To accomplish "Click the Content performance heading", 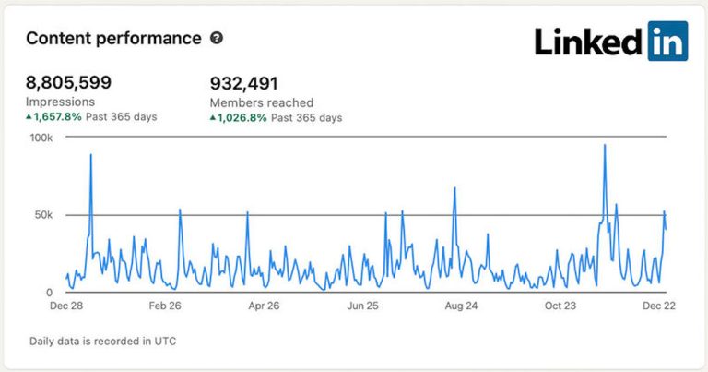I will (113, 39).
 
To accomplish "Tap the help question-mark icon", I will (217, 39).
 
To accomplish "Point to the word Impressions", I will (60, 102).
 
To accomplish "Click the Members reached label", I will (262, 103).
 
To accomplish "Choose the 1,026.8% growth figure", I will (243, 118).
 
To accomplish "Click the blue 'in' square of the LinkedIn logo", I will (667, 42).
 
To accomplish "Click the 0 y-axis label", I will (50, 293).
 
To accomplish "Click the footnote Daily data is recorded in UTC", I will (102, 341).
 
